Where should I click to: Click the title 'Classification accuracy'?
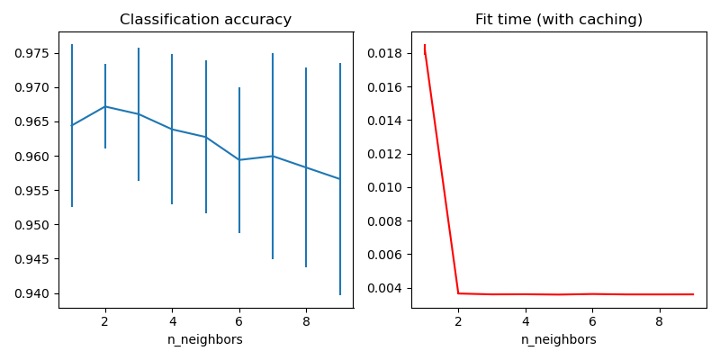point(205,20)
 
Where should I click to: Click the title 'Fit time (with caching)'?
point(559,20)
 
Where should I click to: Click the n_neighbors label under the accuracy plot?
point(205,340)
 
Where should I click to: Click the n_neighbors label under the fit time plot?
point(559,340)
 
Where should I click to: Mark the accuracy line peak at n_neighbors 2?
point(105,106)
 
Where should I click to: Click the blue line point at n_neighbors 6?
point(239,160)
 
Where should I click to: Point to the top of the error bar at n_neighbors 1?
point(72,45)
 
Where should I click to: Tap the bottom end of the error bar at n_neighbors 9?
point(340,294)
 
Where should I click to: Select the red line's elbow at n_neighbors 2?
point(458,293)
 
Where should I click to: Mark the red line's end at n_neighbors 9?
point(693,294)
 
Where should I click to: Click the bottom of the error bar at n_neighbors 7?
point(273,259)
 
